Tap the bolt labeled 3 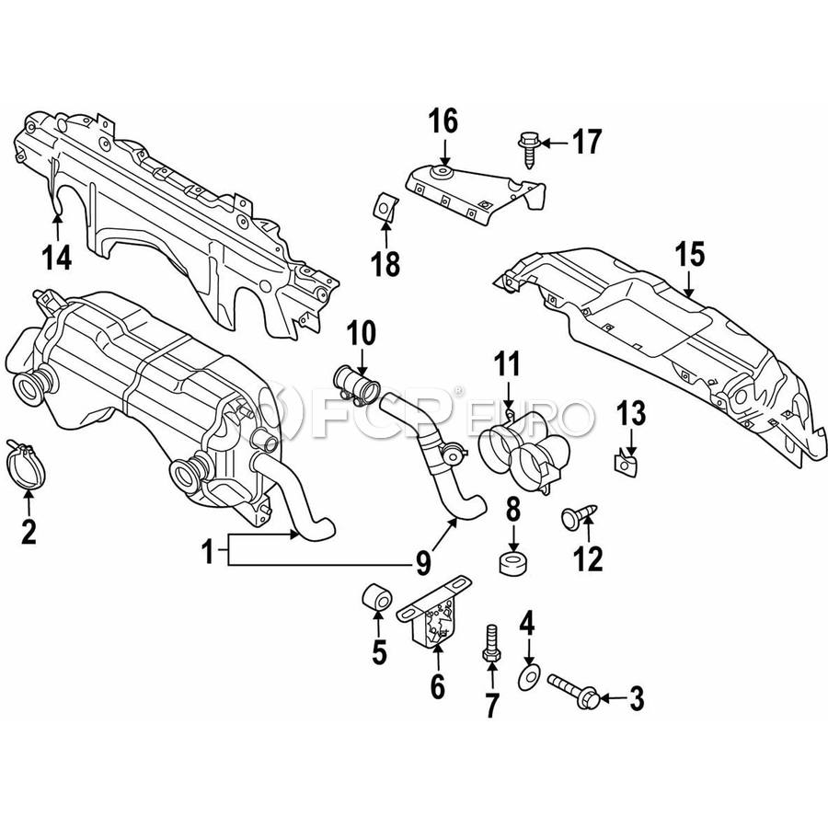point(576,691)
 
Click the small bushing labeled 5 point(376,596)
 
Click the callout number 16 point(443,121)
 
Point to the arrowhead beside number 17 point(546,143)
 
